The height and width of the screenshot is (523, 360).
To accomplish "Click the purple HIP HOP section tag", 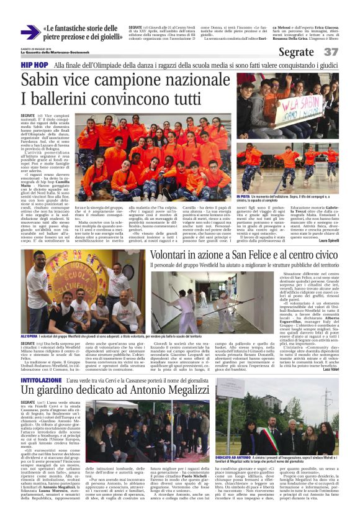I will point(35,65).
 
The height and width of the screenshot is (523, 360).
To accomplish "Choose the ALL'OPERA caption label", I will point(29,336).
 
